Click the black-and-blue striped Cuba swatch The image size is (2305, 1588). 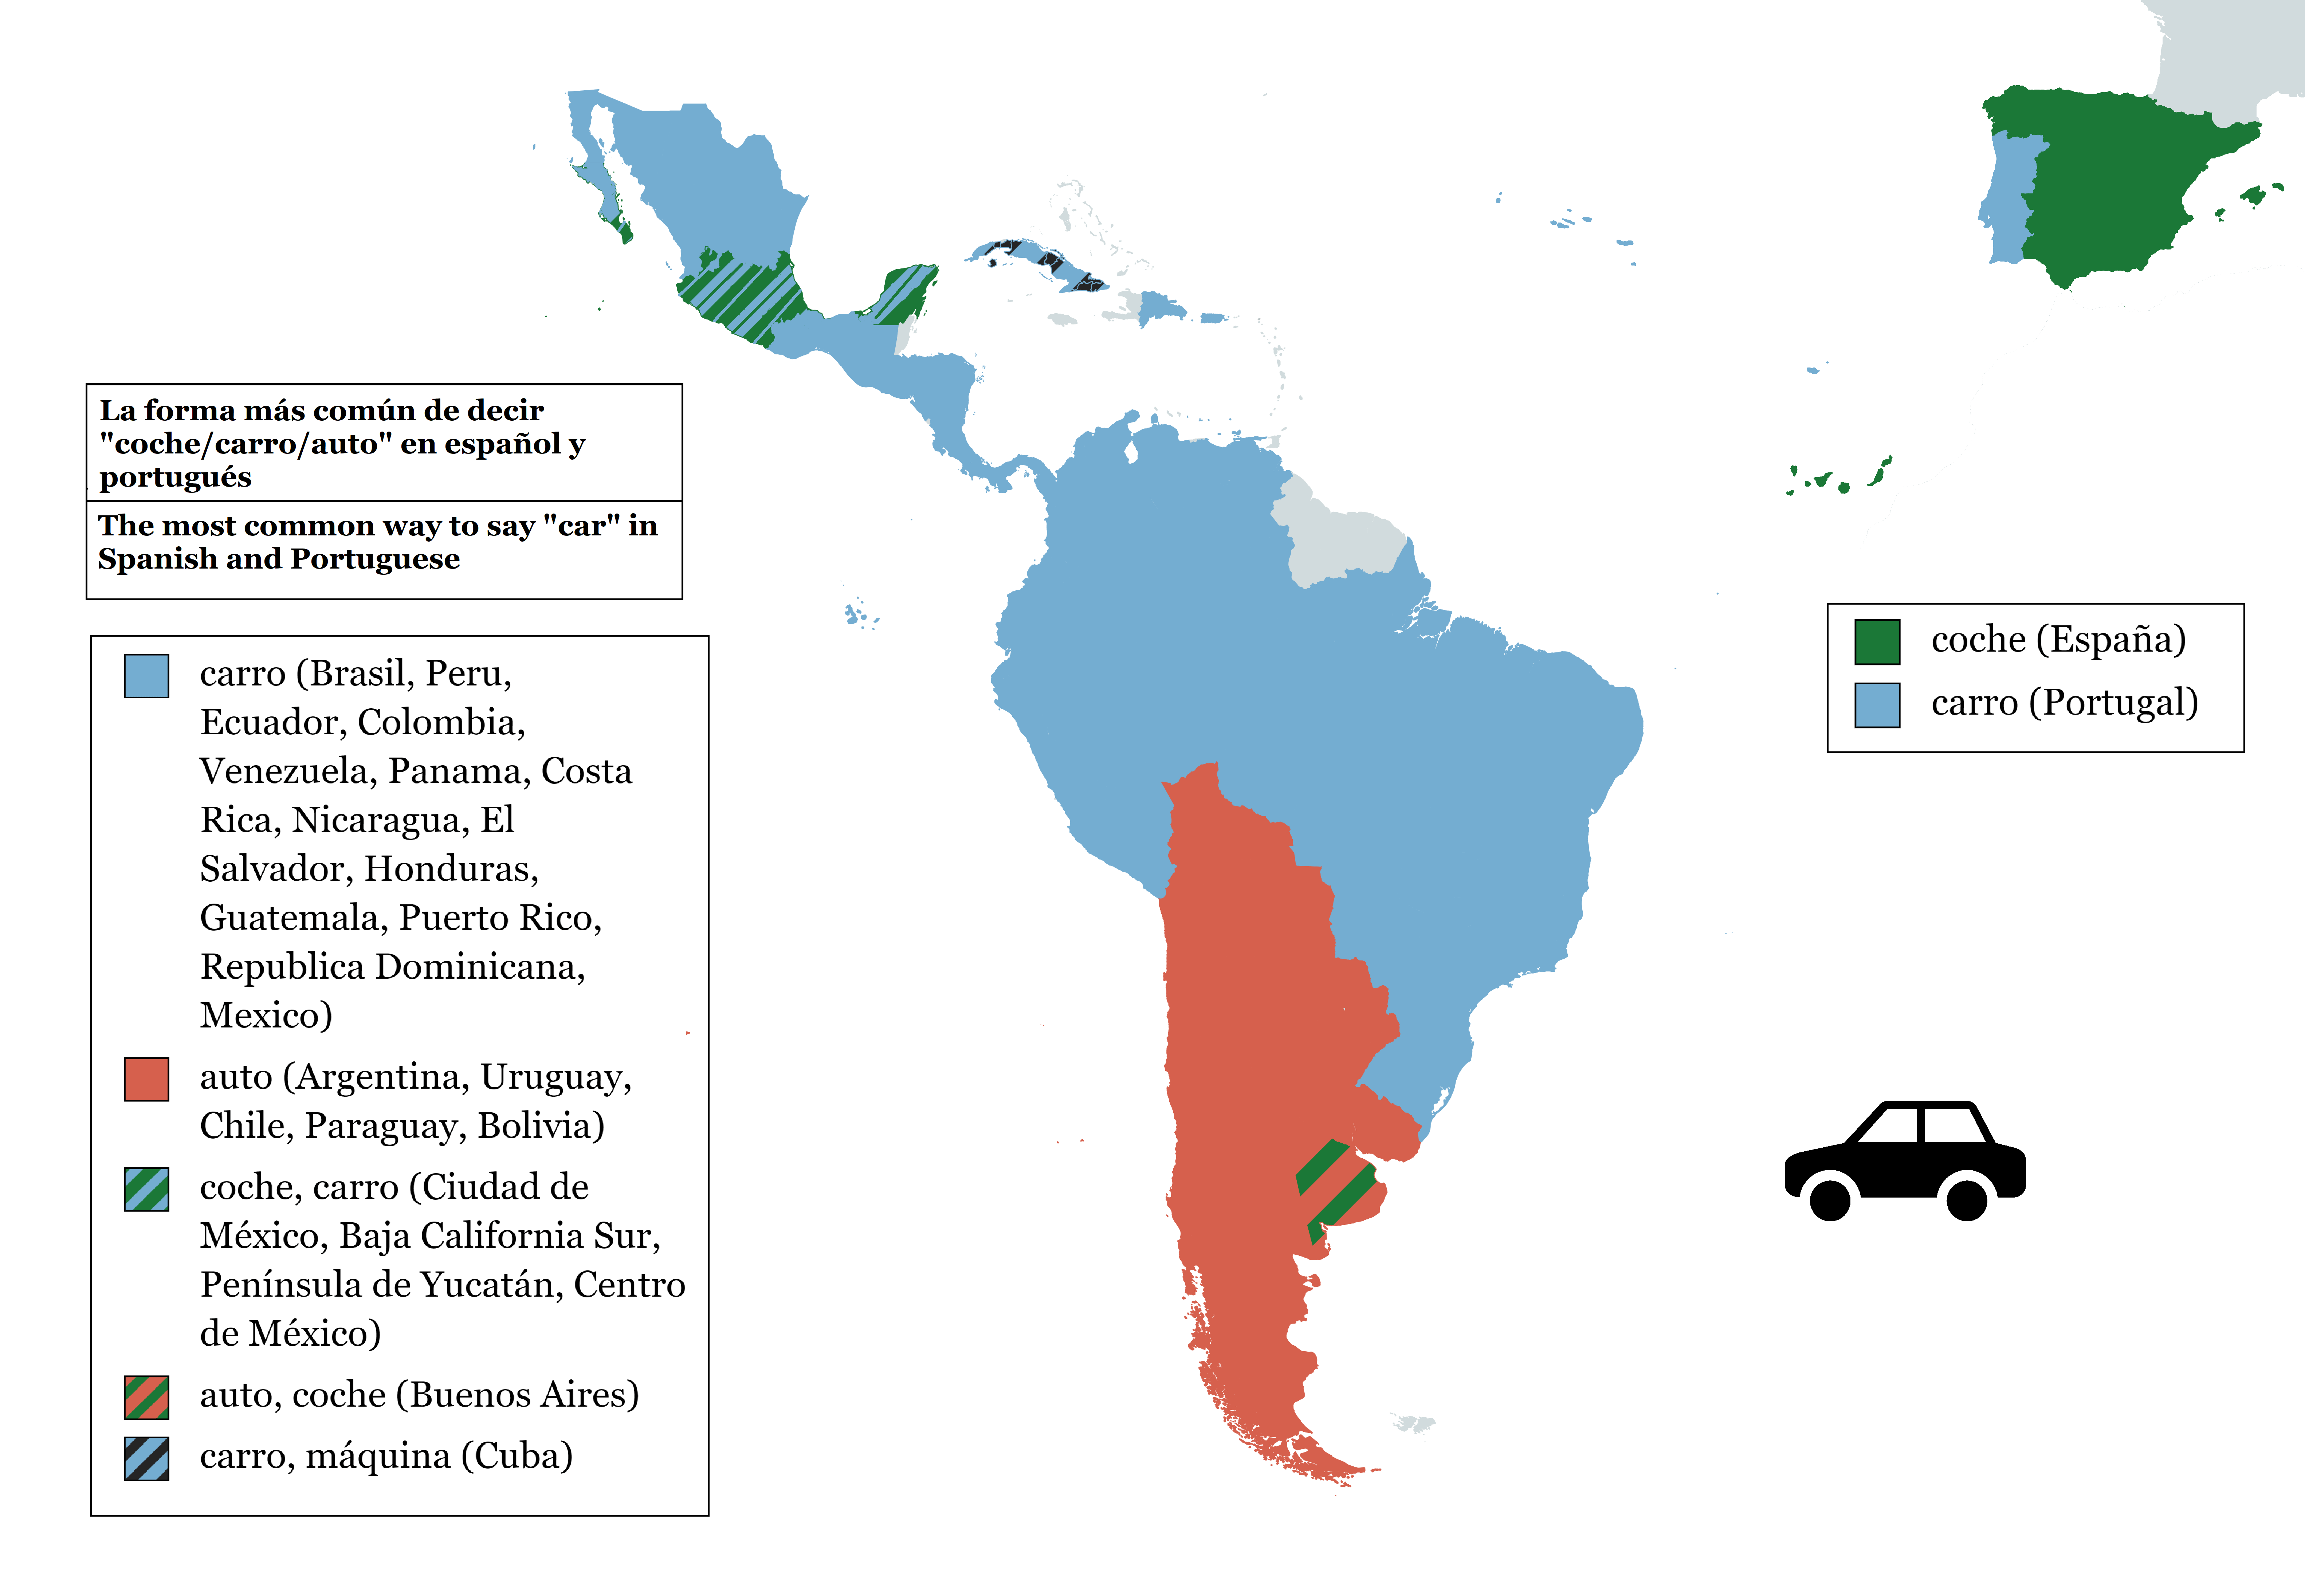tap(146, 1459)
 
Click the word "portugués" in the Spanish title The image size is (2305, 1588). tap(175, 477)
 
